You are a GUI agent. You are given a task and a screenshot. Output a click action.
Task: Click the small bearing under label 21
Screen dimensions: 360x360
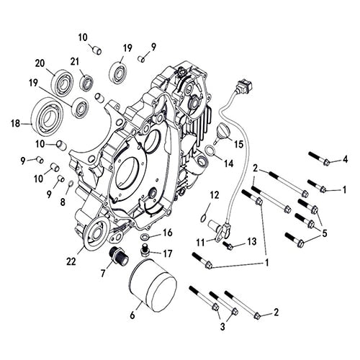point(88,82)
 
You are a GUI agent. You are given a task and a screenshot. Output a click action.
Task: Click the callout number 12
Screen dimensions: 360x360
point(214,194)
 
